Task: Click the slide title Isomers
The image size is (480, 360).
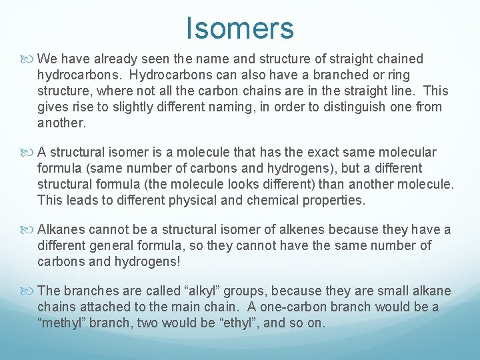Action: (240, 28)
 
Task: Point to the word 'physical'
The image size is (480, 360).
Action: (195, 199)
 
